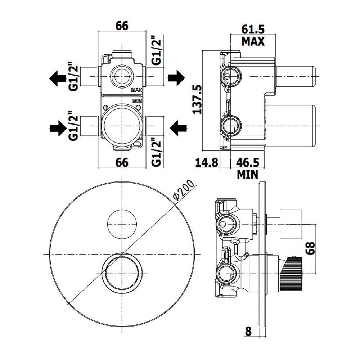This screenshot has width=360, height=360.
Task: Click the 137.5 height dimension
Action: click(x=197, y=99)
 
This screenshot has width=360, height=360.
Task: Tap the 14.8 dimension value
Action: click(x=207, y=162)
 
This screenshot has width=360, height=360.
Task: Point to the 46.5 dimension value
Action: click(x=247, y=162)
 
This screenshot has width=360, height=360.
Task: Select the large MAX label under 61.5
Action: click(x=253, y=41)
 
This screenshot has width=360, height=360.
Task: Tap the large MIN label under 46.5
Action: click(x=248, y=175)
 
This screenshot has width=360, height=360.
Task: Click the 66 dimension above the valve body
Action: click(x=122, y=26)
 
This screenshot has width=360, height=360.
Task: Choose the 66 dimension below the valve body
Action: click(x=122, y=162)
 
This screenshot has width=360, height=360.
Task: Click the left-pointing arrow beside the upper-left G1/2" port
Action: click(x=57, y=77)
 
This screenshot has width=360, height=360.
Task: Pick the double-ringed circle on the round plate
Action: click(x=122, y=272)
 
